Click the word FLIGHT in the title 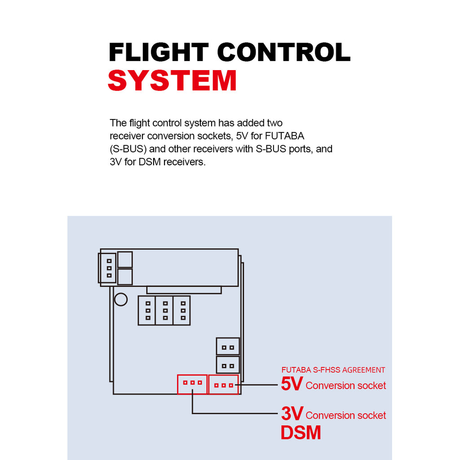pyautogui.click(x=159, y=53)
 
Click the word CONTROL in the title pyautogui.click(x=284, y=53)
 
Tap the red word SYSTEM pyautogui.click(x=172, y=81)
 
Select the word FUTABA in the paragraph pyautogui.click(x=285, y=136)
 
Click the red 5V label pyautogui.click(x=292, y=384)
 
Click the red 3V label pyautogui.click(x=292, y=414)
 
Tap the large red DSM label pyautogui.click(x=301, y=433)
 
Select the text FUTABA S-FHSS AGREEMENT pyautogui.click(x=333, y=370)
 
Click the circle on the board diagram pyautogui.click(x=121, y=299)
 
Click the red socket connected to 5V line pyautogui.click(x=223, y=385)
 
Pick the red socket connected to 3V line pyautogui.click(x=192, y=384)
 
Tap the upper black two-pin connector pyautogui.click(x=228, y=347)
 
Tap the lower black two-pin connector pyautogui.click(x=228, y=365)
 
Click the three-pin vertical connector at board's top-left pyautogui.click(x=108, y=268)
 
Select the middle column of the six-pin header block pyautogui.click(x=165, y=310)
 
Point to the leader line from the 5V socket pyautogui.click(x=258, y=385)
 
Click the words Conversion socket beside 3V pyautogui.click(x=345, y=416)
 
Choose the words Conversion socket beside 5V pyautogui.click(x=345, y=385)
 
